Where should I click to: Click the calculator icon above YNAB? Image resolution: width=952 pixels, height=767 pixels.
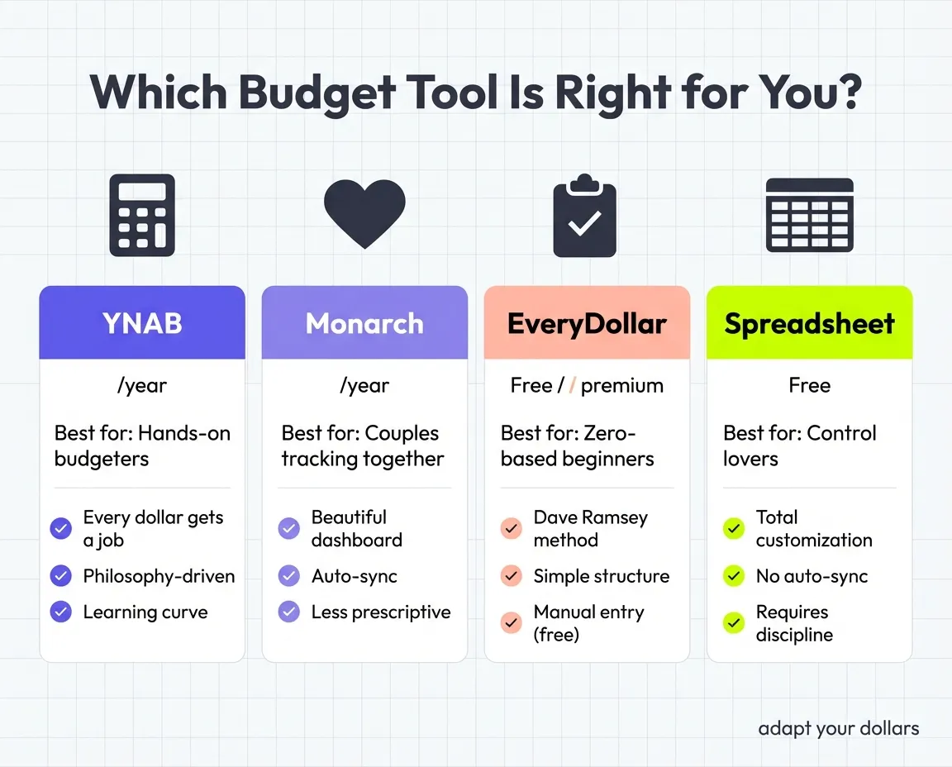tap(142, 215)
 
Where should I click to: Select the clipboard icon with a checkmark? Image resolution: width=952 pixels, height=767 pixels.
tap(585, 217)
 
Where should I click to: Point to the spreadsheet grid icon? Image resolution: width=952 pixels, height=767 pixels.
tap(809, 215)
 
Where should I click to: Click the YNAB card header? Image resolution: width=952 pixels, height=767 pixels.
tap(142, 323)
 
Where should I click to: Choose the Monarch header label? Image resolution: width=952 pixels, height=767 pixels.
tap(364, 323)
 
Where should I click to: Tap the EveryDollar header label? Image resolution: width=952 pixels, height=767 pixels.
tap(587, 323)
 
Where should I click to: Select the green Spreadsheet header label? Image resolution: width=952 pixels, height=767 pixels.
tap(809, 323)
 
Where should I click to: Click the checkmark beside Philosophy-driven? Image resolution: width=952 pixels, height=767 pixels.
tap(61, 576)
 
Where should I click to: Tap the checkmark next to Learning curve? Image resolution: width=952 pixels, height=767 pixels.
tap(61, 612)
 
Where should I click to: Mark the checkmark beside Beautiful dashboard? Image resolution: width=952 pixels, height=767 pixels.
tap(289, 528)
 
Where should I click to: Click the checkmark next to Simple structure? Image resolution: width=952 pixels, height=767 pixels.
tap(512, 576)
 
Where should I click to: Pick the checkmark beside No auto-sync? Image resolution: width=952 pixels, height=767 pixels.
tap(734, 576)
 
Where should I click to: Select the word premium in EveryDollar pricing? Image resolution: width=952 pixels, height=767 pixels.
tap(621, 386)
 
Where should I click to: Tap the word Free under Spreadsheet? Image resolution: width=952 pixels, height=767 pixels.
tap(809, 386)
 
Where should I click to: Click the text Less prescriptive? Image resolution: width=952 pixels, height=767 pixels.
tap(381, 612)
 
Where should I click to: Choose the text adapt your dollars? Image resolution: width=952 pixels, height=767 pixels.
tap(838, 728)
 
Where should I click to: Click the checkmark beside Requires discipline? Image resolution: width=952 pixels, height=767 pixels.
tap(734, 623)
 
